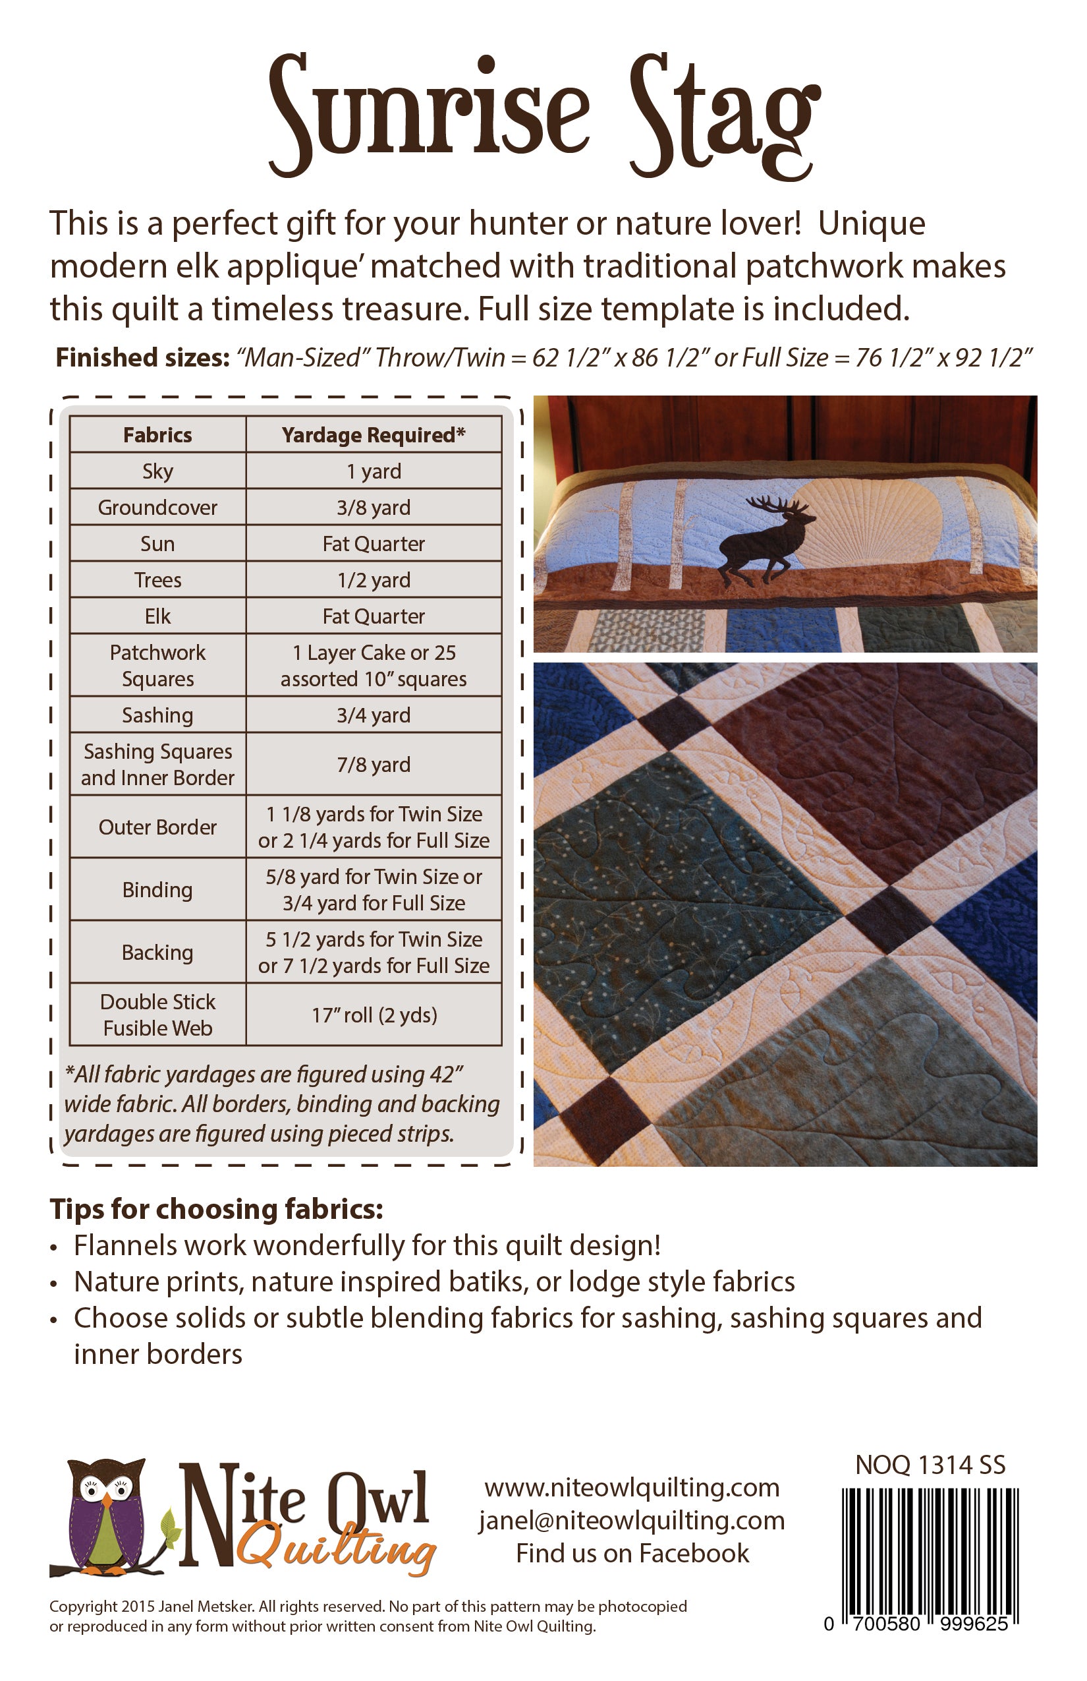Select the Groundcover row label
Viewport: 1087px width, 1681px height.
[x=157, y=507]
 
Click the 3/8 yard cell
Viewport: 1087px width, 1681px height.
[x=374, y=507]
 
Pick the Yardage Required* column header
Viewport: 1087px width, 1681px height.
[x=374, y=434]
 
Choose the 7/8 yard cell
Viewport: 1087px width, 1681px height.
[x=374, y=764]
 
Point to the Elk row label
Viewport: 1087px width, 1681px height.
[x=157, y=616]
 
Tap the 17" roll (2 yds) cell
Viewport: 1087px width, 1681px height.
[x=374, y=1015]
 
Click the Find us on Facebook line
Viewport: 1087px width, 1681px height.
[x=632, y=1553]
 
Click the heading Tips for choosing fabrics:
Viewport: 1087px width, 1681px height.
[x=216, y=1209]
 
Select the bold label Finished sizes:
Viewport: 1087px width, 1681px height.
[x=142, y=358]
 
